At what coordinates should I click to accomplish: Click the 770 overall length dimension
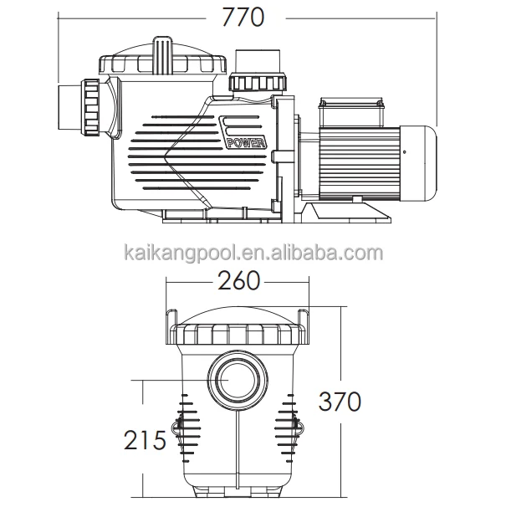click(x=243, y=17)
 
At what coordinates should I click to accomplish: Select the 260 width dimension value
click(x=239, y=280)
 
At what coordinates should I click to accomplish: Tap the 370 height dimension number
click(x=340, y=402)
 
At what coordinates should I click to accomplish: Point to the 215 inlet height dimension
click(x=145, y=440)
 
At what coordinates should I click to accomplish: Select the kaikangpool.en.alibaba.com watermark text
click(x=253, y=253)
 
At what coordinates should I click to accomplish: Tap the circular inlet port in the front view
click(x=238, y=379)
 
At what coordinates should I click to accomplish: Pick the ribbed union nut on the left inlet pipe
click(x=92, y=107)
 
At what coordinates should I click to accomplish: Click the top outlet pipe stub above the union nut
click(x=258, y=63)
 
